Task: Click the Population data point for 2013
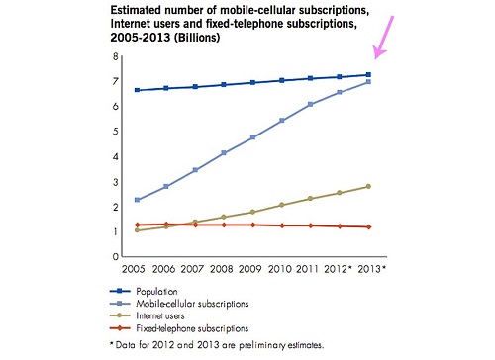click(368, 75)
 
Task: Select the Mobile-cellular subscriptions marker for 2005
click(138, 200)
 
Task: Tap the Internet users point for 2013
click(368, 186)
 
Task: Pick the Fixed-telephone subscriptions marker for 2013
click(369, 226)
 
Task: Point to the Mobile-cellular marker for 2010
click(282, 121)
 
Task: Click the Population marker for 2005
click(138, 90)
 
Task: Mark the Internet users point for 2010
click(282, 205)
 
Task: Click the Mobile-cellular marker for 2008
click(224, 153)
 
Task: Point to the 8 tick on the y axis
click(115, 56)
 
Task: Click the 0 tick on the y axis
click(115, 256)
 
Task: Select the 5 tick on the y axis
click(115, 132)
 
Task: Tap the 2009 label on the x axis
click(250, 269)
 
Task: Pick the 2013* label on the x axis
click(372, 269)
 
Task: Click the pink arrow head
click(378, 52)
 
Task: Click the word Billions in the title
click(197, 38)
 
